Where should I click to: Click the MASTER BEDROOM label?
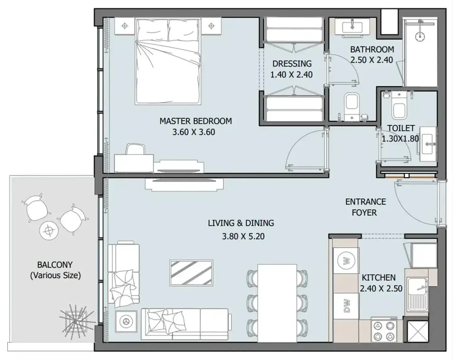tap(196, 121)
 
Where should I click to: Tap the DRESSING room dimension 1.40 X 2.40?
tap(292, 75)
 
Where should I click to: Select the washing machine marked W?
tap(346, 261)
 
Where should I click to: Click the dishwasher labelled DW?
tap(346, 306)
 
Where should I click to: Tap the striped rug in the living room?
tap(191, 273)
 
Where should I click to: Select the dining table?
tap(277, 303)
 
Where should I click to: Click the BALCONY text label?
tap(55, 264)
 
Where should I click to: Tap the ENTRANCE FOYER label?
tap(366, 207)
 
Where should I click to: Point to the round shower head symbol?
tap(420, 37)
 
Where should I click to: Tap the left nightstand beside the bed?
tap(125, 26)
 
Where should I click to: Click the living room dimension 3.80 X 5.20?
tap(243, 236)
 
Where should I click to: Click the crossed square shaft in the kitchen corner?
tap(418, 331)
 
